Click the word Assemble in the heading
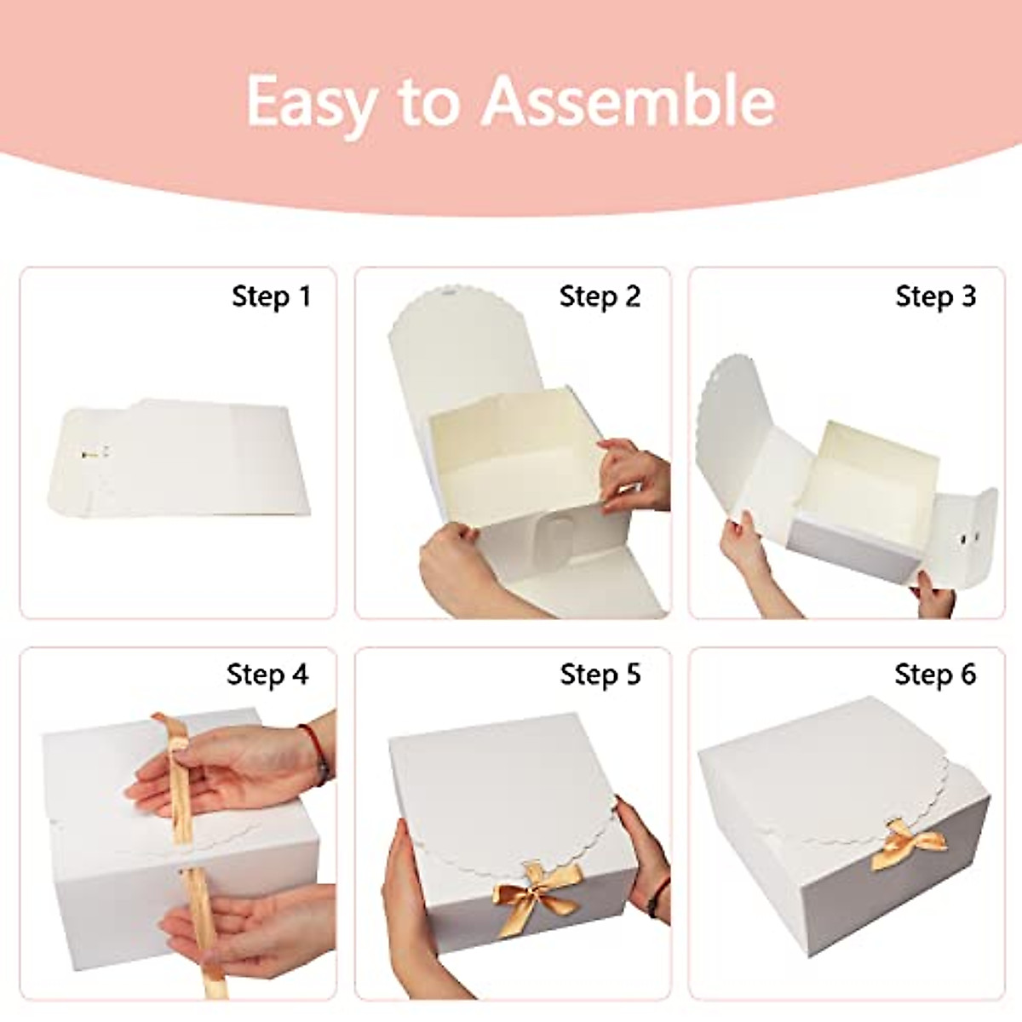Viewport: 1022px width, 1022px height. click(x=629, y=100)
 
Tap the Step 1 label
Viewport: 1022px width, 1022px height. click(x=271, y=296)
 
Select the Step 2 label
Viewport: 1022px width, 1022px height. click(x=600, y=296)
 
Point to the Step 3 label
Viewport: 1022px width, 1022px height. click(x=935, y=296)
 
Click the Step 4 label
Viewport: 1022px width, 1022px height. click(x=267, y=675)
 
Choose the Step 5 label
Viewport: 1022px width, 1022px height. click(x=600, y=675)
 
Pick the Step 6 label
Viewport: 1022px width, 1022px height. click(x=935, y=675)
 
